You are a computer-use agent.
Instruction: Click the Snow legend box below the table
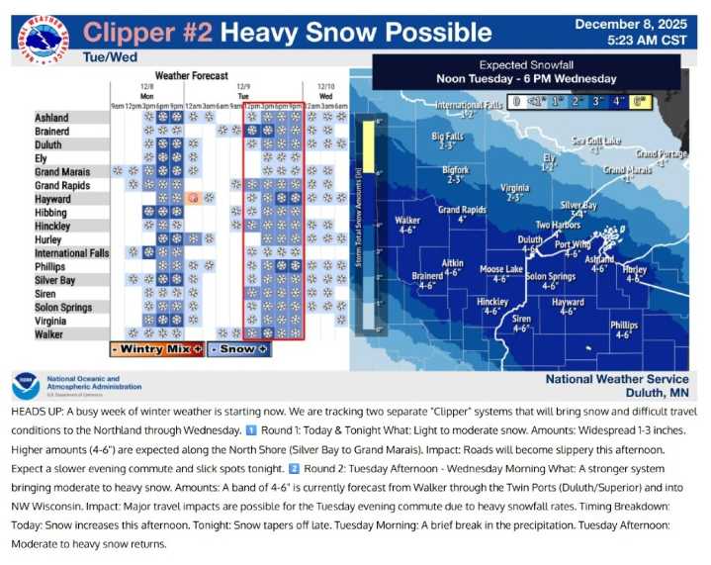coord(237,349)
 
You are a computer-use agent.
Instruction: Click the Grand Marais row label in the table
coord(62,172)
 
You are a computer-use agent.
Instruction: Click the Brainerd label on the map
coord(427,276)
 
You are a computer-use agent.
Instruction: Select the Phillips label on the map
coord(624,325)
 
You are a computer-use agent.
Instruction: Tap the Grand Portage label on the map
coord(661,153)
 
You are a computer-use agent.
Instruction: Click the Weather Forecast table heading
coord(192,76)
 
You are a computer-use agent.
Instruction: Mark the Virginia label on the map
coord(514,187)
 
